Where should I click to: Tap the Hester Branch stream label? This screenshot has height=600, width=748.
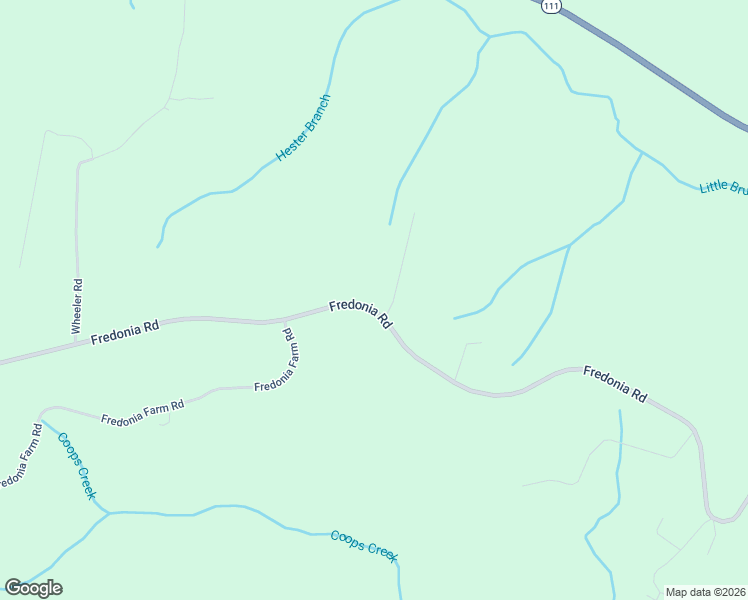[302, 129]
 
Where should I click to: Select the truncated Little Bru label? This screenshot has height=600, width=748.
[723, 187]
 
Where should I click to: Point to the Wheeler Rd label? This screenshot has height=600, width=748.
[77, 306]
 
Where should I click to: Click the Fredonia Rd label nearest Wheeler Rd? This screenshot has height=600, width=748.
[125, 333]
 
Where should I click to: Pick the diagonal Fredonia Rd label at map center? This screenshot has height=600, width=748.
[360, 312]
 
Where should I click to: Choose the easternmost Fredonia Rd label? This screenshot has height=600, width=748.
[615, 384]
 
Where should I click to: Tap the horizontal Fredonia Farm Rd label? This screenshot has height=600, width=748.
[143, 411]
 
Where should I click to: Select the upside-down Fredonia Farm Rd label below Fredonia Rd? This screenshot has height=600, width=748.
[279, 360]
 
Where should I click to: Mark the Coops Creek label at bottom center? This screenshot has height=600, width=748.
[364, 545]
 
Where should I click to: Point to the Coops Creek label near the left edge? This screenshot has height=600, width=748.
[77, 465]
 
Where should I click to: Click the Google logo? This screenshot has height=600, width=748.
[33, 588]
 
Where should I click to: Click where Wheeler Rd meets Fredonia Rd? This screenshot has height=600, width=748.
[77, 343]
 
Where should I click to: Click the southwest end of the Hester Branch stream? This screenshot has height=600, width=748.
[158, 245]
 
